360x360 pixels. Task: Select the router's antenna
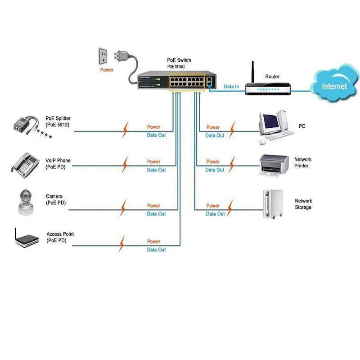click(253, 72)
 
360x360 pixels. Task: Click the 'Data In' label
click(231, 86)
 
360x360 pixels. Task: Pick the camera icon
click(26, 201)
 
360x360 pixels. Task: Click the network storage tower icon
click(273, 204)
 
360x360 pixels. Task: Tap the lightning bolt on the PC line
click(232, 129)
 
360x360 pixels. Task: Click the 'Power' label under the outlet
click(107, 70)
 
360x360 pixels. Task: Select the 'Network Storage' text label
click(303, 204)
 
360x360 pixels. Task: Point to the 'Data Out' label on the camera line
click(156, 214)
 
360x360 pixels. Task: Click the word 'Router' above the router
click(272, 76)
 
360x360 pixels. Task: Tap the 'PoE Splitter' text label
click(58, 118)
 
